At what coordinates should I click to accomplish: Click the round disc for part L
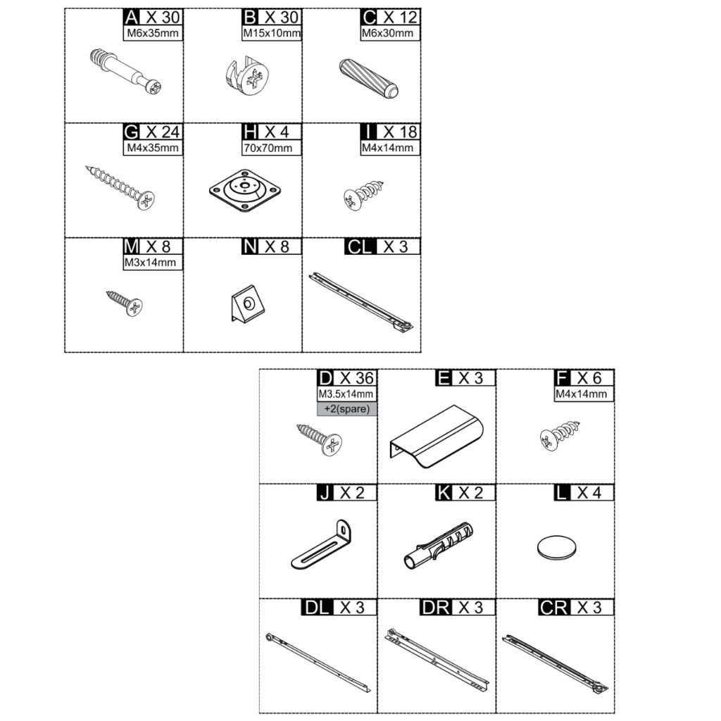(x=556, y=547)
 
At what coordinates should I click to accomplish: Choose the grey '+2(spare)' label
(x=346, y=409)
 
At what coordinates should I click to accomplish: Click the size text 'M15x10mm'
(x=272, y=33)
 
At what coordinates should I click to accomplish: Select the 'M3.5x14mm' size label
(x=346, y=394)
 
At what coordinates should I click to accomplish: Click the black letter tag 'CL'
(x=361, y=246)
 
